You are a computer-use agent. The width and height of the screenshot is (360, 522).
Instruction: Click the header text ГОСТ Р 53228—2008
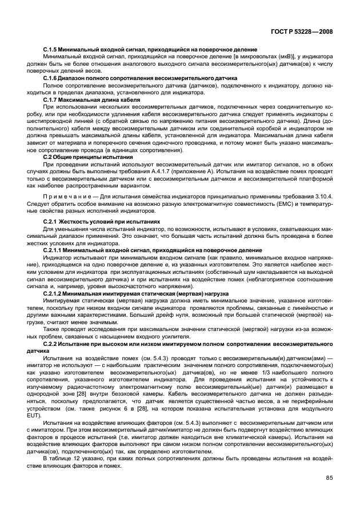click(303, 33)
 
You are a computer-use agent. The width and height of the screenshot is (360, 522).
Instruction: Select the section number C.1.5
click(52, 50)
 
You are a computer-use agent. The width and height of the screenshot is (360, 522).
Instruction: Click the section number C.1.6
click(52, 78)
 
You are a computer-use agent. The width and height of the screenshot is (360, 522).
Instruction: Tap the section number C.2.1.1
click(55, 250)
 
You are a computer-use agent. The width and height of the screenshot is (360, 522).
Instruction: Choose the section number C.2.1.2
click(55, 292)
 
